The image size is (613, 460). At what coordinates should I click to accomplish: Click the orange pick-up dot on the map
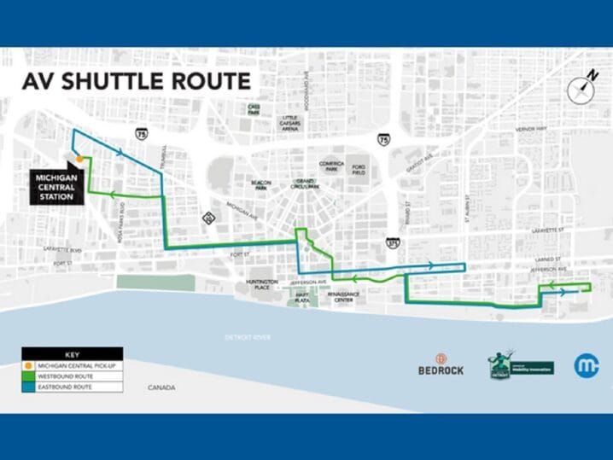pos(79,159)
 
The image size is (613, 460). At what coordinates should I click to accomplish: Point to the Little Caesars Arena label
pos(290,123)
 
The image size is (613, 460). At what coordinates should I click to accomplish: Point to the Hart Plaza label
pos(302,297)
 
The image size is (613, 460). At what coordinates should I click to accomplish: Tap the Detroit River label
pos(248,337)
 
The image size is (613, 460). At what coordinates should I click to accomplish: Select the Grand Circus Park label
pos(306,183)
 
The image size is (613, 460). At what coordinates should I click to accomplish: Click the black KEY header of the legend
pos(72,354)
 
